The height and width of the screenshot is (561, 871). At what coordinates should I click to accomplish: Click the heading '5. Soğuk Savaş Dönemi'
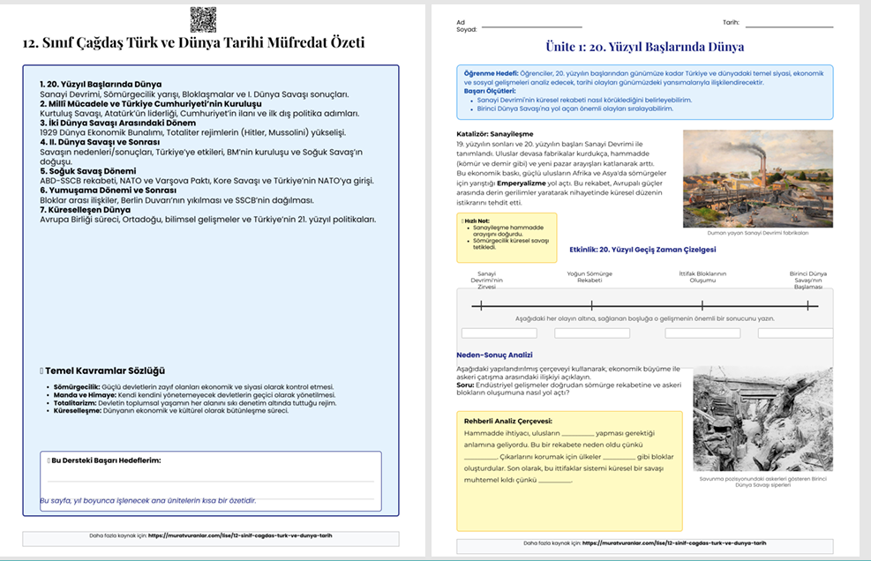click(x=87, y=170)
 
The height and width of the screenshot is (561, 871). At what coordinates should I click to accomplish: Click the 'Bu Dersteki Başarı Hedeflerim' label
click(x=106, y=460)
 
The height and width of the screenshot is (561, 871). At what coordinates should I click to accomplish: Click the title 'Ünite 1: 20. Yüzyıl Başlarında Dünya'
click(x=645, y=47)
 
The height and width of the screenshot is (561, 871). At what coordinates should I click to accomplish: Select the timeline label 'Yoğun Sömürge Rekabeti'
click(x=589, y=277)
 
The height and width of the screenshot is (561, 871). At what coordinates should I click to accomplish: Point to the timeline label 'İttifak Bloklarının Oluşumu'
click(x=702, y=277)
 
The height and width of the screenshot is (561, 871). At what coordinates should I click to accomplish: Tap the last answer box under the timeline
click(x=793, y=333)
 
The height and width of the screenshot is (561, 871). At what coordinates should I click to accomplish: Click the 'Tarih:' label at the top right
click(x=732, y=23)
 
